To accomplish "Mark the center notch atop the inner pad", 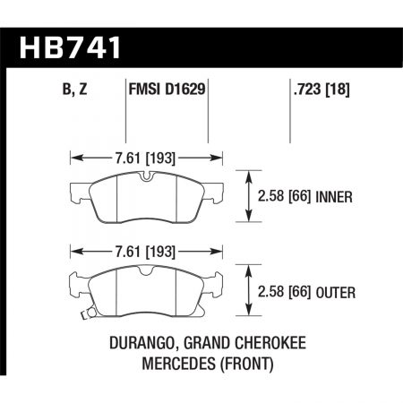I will tap(144, 176).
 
